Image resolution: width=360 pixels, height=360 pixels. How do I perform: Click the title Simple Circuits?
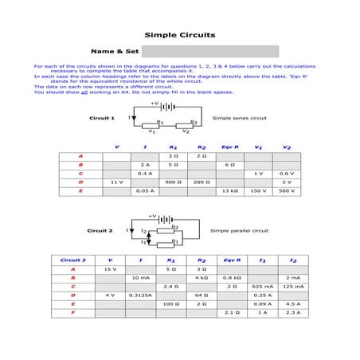179,35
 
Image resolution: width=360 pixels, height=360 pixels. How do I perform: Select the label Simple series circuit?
240,117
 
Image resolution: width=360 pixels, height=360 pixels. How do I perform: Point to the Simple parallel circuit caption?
240,230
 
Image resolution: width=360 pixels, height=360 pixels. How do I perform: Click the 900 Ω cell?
173,182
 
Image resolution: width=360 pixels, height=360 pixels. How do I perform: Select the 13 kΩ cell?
230,191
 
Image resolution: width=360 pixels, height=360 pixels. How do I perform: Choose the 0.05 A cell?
145,191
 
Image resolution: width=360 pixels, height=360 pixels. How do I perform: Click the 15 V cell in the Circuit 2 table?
110,269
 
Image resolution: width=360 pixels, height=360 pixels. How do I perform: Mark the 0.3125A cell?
140,295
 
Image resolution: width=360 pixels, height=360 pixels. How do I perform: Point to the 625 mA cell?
262,286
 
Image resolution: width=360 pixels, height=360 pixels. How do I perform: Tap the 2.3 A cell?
292,312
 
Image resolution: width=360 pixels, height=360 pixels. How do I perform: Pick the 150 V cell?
258,191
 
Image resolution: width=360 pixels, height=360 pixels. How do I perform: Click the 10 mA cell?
140,277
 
